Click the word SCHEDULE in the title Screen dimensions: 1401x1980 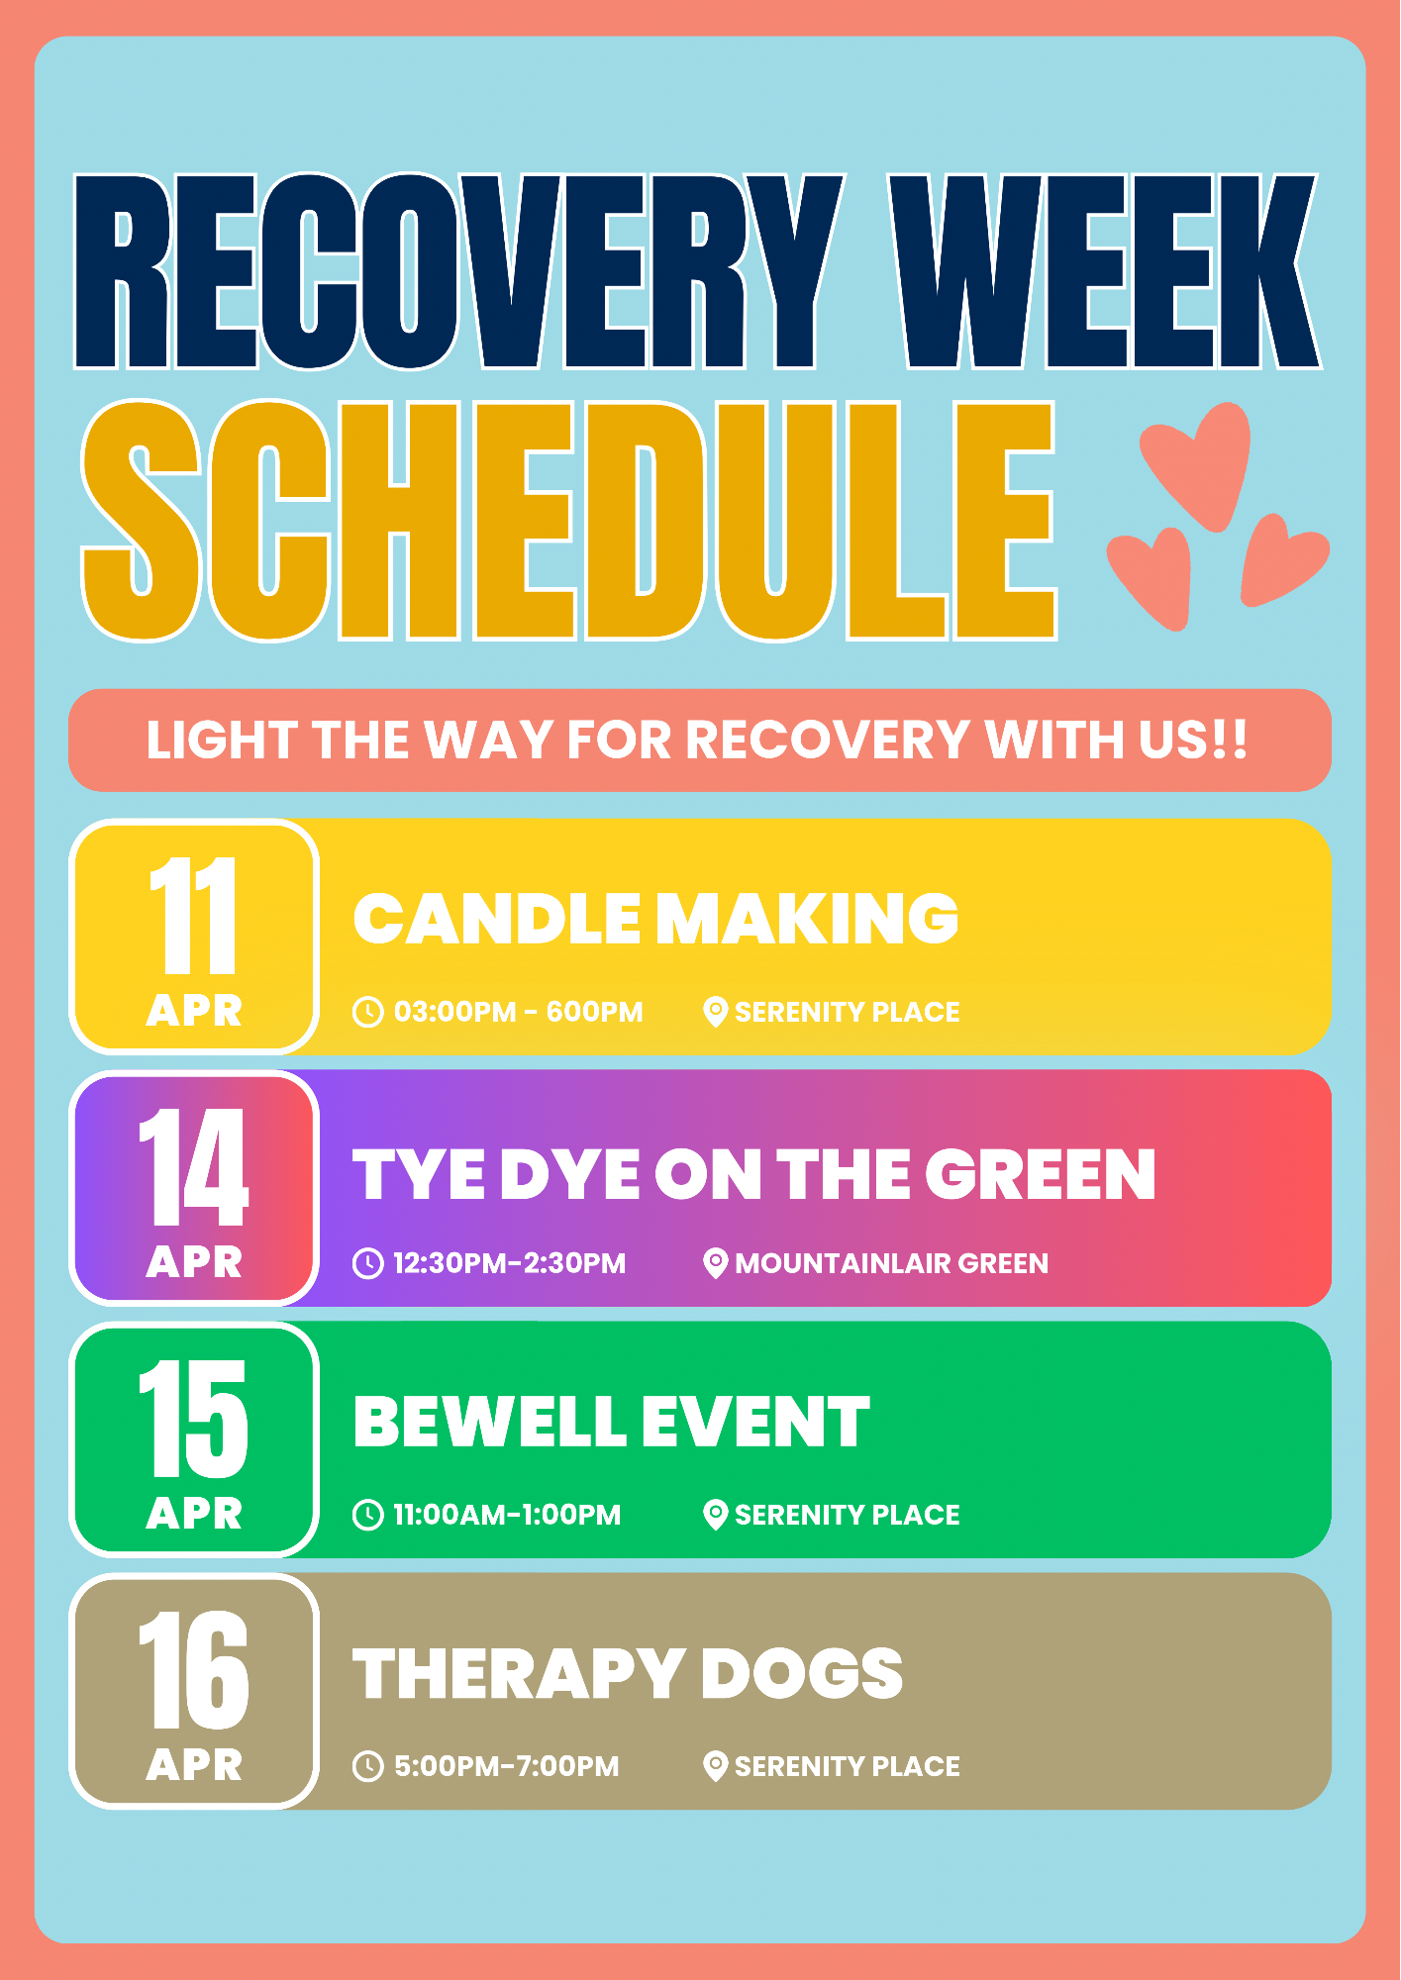pos(569,521)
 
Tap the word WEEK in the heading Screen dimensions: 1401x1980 pos(1105,271)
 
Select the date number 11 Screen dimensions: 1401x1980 pos(194,916)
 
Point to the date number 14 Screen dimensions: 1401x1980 pos(194,1167)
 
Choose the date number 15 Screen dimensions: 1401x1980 pos(194,1419)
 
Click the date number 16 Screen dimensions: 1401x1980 pos(194,1670)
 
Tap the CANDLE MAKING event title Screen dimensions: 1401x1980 pos(655,919)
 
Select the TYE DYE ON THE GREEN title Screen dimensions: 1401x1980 pos(754,1175)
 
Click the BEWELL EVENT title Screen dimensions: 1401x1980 pos(612,1422)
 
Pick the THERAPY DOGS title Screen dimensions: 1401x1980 pos(628,1673)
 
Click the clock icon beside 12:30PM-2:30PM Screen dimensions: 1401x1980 pos(368,1263)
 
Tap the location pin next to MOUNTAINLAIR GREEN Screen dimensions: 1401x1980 pos(715,1263)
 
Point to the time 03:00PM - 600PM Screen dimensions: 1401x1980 pos(518,1012)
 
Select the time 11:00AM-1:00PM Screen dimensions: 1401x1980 pos(507,1515)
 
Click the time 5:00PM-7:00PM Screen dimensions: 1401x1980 pos(506,1766)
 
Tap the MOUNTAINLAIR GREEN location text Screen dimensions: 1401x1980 pos(891,1263)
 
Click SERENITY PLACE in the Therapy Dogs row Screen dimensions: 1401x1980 pos(848,1766)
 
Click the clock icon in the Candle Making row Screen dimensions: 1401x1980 pos(368,1012)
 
